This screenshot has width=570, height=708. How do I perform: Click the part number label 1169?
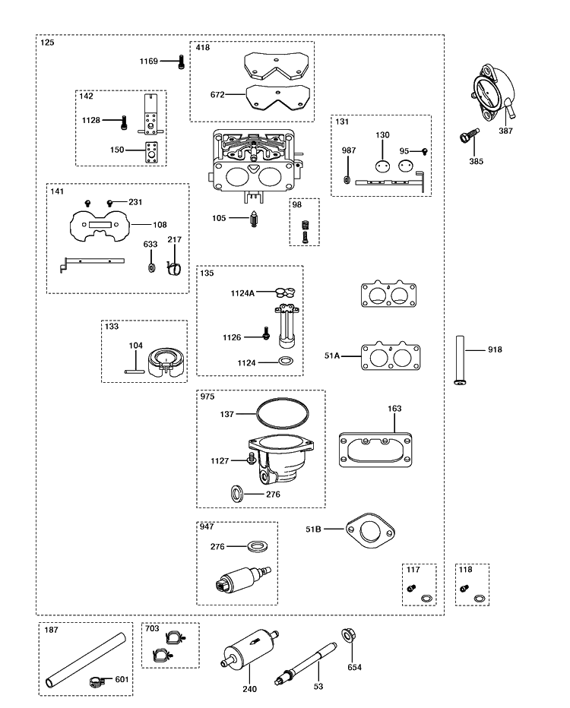[149, 61]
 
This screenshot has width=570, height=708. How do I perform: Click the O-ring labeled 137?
[283, 413]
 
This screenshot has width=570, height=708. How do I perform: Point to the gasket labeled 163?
[375, 450]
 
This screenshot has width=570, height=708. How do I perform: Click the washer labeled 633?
[150, 267]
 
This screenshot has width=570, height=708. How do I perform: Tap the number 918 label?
[495, 349]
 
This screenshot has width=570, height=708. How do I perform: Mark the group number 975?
[207, 397]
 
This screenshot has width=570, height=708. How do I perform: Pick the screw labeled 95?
[425, 151]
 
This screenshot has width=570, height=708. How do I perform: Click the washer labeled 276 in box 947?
[257, 546]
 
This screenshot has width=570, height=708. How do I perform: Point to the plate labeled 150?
[150, 152]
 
